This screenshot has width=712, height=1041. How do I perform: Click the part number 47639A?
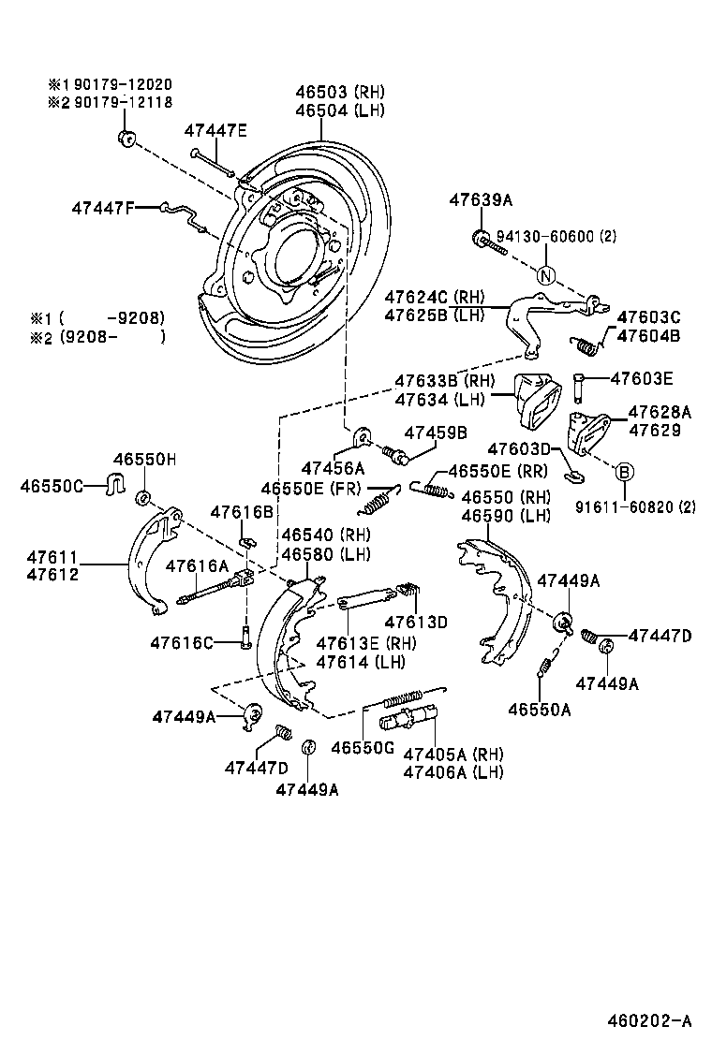click(481, 199)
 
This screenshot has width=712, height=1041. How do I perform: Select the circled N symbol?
click(546, 275)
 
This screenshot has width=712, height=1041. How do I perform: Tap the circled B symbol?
click(624, 472)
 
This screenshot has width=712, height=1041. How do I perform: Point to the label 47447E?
click(215, 130)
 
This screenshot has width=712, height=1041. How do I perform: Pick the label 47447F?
click(103, 208)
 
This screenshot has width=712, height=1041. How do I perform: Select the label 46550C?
click(52, 486)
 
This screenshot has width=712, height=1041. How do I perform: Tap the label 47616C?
click(182, 642)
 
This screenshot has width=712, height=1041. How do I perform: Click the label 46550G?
click(363, 747)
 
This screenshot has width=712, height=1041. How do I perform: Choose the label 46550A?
click(540, 710)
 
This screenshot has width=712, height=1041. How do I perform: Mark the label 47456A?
click(333, 467)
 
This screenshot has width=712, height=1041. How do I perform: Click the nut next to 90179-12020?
click(124, 139)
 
